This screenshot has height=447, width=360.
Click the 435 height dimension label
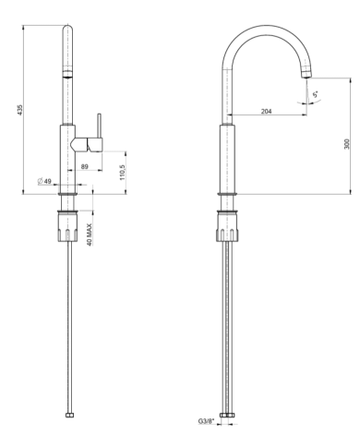coord(20,110)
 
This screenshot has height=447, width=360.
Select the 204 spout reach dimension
coord(267,112)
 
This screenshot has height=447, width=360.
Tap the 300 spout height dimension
coord(347,144)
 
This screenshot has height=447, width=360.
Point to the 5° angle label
coord(316,94)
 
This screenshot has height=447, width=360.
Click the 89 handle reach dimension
coord(85,166)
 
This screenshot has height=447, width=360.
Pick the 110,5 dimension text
coord(123,173)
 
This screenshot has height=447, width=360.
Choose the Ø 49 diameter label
coord(45,181)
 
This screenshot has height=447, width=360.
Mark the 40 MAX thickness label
coord(90,235)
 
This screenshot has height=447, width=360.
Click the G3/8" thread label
coord(206,421)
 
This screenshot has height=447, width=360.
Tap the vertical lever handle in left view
coord(99,126)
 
